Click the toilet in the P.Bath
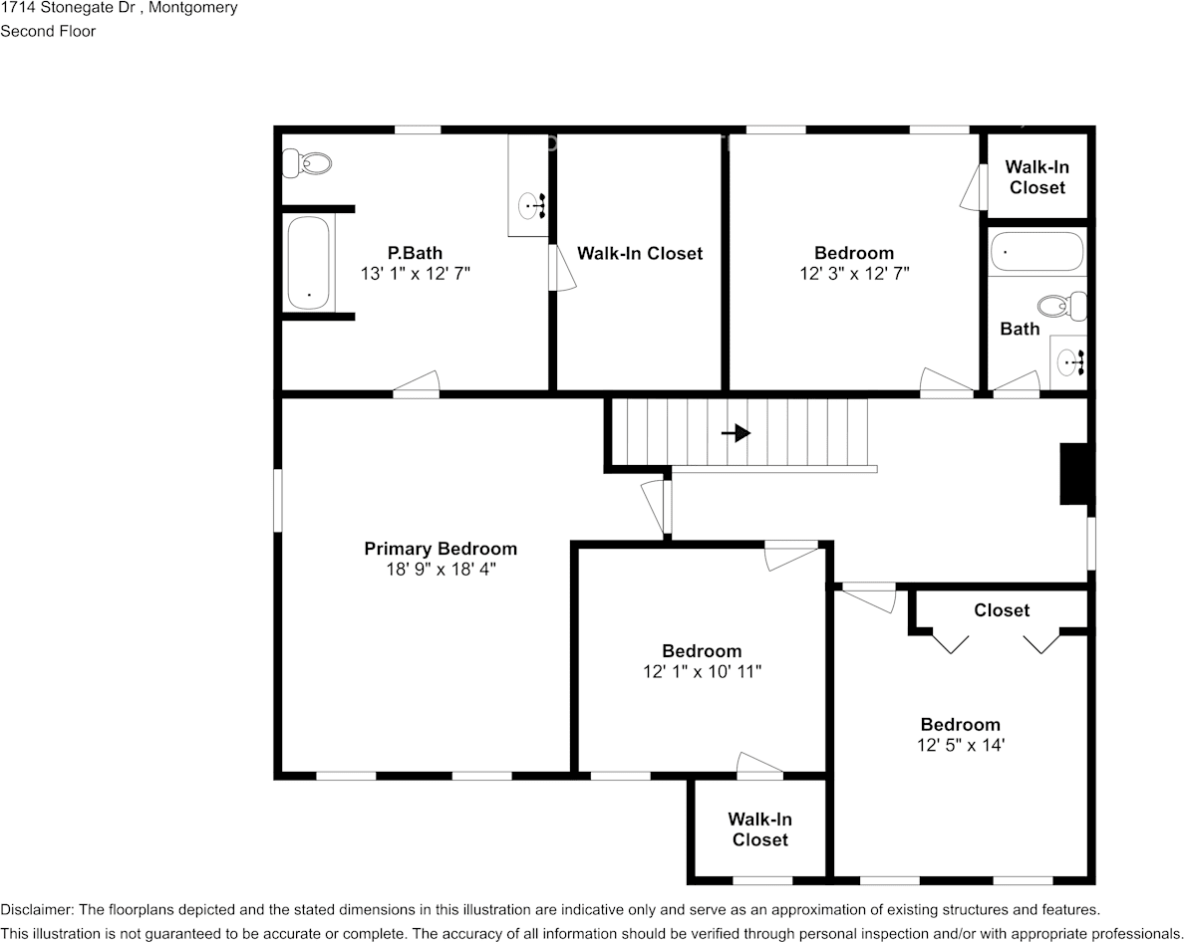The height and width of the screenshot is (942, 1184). [x=307, y=163]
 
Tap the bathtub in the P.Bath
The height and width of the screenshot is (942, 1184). [x=308, y=263]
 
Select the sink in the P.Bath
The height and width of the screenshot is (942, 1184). [x=530, y=205]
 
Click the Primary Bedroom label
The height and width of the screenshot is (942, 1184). [x=441, y=549]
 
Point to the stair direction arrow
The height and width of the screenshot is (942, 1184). [x=736, y=433]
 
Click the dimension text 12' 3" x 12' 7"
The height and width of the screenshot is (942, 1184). [x=854, y=273]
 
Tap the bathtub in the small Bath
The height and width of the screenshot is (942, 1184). [x=1036, y=252]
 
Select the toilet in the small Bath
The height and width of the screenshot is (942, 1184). [x=1061, y=307]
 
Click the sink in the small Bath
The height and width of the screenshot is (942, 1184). [x=1069, y=362]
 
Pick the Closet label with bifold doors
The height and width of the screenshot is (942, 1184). [x=1002, y=610]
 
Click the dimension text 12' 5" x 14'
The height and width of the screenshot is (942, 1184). [x=961, y=745]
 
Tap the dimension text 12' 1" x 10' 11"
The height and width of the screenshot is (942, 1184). [x=703, y=671]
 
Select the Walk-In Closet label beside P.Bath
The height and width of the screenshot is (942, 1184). [x=640, y=253]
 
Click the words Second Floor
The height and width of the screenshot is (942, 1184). [x=48, y=31]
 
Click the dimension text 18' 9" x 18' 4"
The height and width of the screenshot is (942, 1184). [x=441, y=569]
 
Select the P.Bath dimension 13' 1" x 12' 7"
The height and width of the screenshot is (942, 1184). [x=416, y=273]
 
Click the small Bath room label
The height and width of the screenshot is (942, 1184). [x=1020, y=329]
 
